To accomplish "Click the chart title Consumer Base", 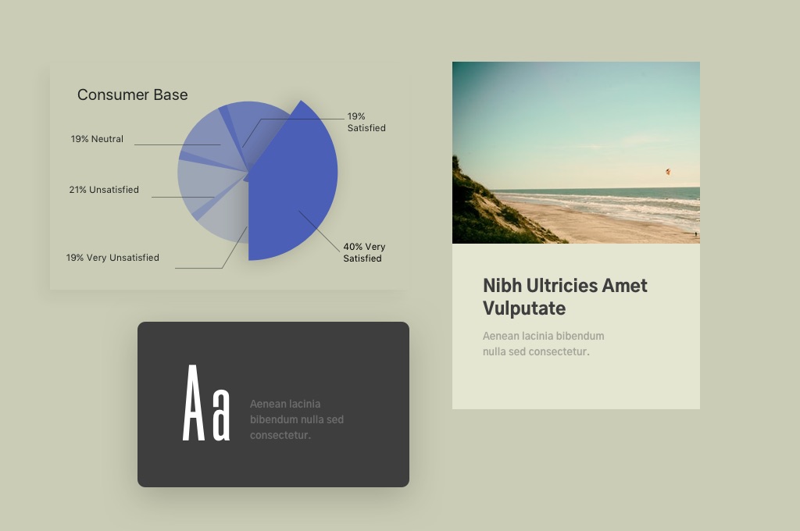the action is point(133,94).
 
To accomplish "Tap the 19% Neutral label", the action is point(97,139).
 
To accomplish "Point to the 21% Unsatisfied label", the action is point(104,190).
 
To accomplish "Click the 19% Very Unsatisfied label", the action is point(112,258).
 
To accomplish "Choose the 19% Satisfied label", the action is point(366,122).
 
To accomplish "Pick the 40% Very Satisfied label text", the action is point(364,252).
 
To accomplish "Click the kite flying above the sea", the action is point(668,172).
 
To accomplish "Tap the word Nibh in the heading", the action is point(502,286).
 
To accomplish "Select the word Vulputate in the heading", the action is point(524,308).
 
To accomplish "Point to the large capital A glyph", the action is point(194,402).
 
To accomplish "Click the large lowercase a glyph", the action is point(221,414).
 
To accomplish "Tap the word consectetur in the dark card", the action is point(280,435).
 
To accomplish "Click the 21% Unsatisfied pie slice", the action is point(212,189).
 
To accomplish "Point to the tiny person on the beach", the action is point(695,234).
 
